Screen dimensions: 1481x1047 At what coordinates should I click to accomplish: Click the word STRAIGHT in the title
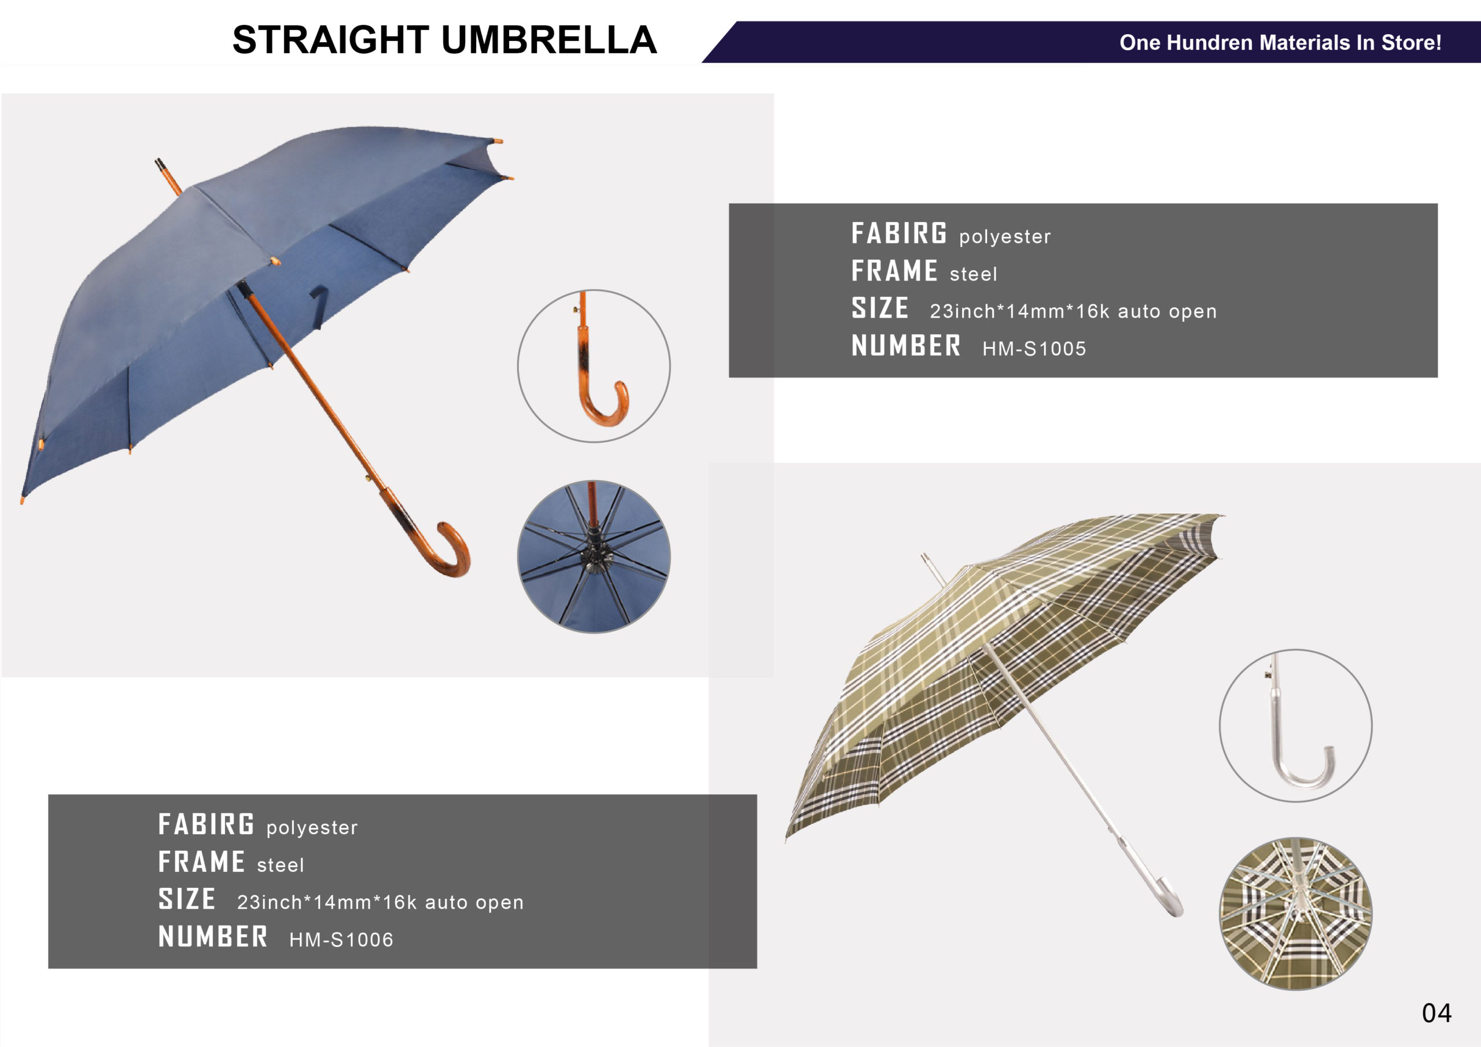click(x=330, y=40)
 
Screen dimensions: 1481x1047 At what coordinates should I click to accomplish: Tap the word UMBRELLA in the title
click(x=549, y=40)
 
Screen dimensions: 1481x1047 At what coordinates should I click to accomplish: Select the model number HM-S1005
click(x=1034, y=349)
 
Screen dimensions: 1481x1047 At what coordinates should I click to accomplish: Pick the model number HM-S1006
click(x=341, y=940)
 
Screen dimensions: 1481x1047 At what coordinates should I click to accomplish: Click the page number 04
click(x=1436, y=1013)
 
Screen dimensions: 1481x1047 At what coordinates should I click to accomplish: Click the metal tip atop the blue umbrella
click(x=167, y=175)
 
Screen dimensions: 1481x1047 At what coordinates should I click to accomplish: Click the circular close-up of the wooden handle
click(x=594, y=366)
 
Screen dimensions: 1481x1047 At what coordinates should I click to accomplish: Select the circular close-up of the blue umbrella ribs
click(x=594, y=556)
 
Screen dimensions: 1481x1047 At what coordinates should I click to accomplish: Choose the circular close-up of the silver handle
click(x=1295, y=726)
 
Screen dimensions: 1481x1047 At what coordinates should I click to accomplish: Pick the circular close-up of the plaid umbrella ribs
click(x=1295, y=913)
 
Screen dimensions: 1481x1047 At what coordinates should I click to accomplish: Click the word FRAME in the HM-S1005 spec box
click(x=894, y=271)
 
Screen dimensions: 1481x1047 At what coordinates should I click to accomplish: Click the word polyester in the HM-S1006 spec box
click(x=312, y=828)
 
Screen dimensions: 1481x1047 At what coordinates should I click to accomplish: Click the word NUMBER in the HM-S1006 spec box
click(x=213, y=937)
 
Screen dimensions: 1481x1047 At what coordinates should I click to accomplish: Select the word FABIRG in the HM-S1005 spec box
click(x=899, y=234)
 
